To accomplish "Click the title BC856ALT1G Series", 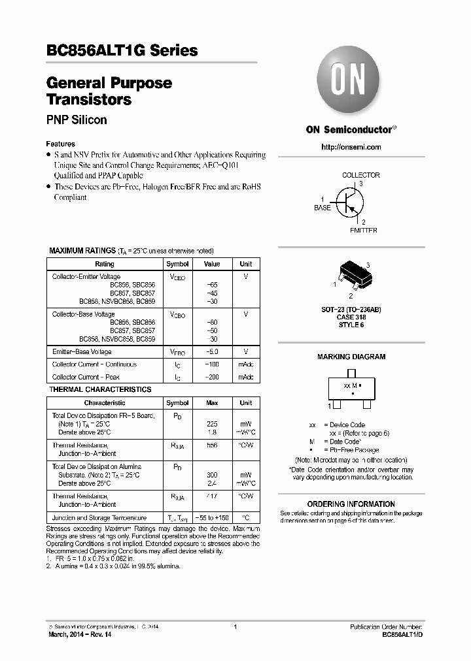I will click(x=122, y=50).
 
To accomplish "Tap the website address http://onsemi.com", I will click(x=351, y=147).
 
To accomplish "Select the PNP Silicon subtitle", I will click(x=77, y=120).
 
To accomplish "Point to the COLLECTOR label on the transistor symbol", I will click(x=360, y=175).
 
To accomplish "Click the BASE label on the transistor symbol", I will click(x=323, y=208).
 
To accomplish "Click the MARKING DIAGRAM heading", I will click(x=351, y=357).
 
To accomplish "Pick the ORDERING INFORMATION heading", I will click(x=351, y=504).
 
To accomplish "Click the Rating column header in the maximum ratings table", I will click(x=104, y=264).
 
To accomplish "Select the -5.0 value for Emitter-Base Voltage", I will click(x=212, y=352).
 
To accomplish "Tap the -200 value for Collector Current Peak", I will click(x=212, y=377).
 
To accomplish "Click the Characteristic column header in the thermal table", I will click(x=104, y=403).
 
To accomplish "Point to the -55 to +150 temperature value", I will click(x=212, y=517).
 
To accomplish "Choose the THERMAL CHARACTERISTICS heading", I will click(x=100, y=389).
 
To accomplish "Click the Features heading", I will click(x=60, y=144).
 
